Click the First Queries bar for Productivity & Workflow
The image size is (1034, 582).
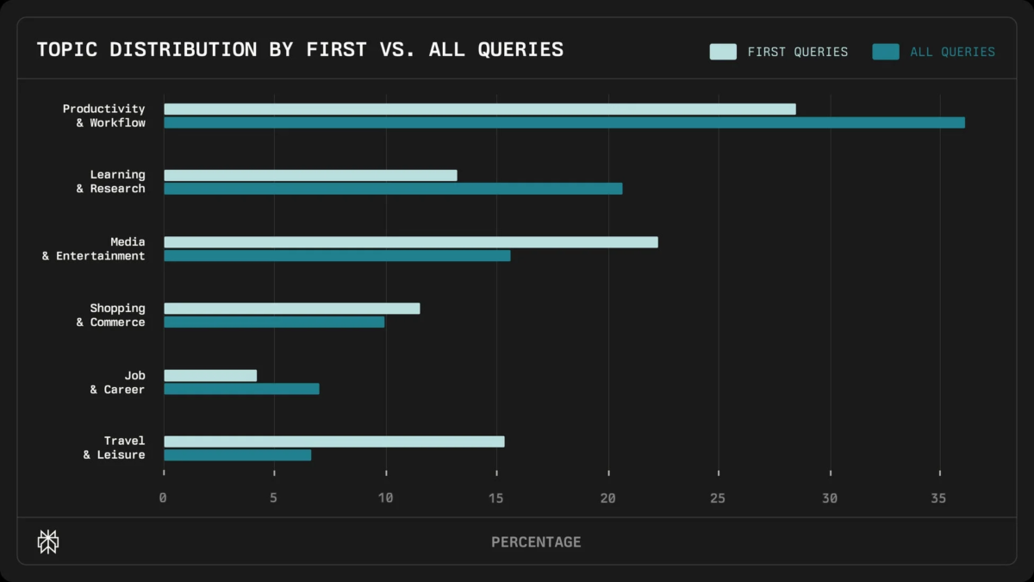(x=479, y=109)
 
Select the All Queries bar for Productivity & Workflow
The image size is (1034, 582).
(x=564, y=122)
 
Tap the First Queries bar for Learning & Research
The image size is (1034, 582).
(x=310, y=175)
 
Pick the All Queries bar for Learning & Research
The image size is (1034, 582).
(x=393, y=189)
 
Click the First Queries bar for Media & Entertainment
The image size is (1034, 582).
(x=410, y=242)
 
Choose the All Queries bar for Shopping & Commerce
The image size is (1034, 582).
(x=274, y=322)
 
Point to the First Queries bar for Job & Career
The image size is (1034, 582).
(x=210, y=375)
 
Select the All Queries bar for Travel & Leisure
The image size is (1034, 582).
(x=237, y=455)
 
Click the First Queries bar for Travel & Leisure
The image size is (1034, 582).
(x=333, y=441)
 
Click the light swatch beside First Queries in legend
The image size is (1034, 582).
(x=722, y=52)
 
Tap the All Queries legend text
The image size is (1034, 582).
(x=952, y=52)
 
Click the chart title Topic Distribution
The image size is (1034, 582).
(x=300, y=49)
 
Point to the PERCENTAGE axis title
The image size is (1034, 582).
(x=536, y=542)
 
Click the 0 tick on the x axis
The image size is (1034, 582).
(x=163, y=498)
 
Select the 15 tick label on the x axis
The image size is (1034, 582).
(x=496, y=498)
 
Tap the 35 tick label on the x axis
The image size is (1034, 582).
(x=940, y=498)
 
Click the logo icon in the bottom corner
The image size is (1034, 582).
(x=48, y=541)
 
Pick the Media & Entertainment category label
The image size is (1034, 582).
(x=94, y=249)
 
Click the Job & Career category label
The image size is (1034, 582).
(x=117, y=383)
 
